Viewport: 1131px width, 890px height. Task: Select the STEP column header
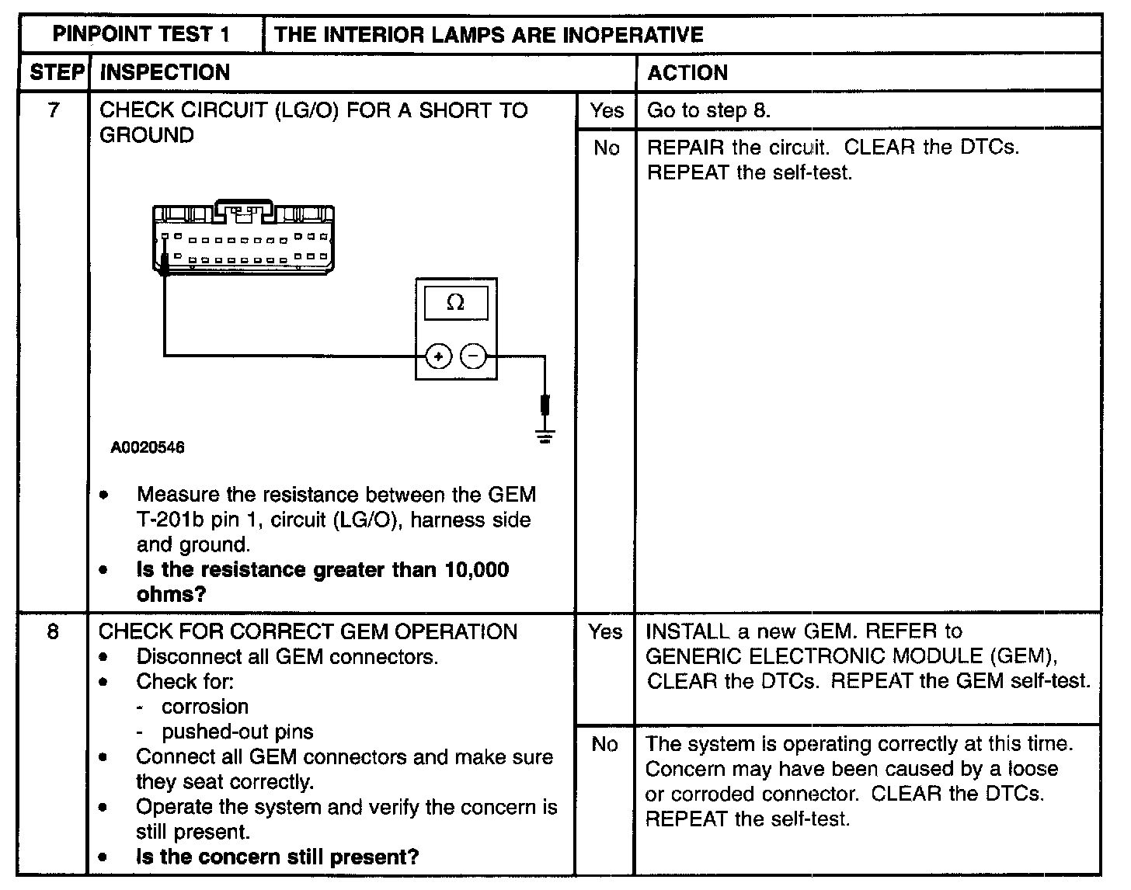pyautogui.click(x=55, y=72)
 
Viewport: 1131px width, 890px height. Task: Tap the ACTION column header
pyautogui.click(x=687, y=73)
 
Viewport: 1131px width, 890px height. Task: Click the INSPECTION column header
pyautogui.click(x=165, y=73)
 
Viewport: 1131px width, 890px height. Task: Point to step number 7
pyautogui.click(x=53, y=110)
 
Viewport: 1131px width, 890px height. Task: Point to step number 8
pyautogui.click(x=53, y=631)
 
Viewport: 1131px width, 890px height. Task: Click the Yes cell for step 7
pyautogui.click(x=606, y=111)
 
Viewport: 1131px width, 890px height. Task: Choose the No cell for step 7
pyautogui.click(x=606, y=148)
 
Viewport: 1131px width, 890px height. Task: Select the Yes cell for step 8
pyautogui.click(x=605, y=631)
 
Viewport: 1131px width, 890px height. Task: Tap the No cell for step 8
pyautogui.click(x=604, y=744)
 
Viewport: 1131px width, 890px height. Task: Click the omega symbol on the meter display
pyautogui.click(x=456, y=303)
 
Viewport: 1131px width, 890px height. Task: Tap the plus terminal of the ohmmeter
pyautogui.click(x=438, y=356)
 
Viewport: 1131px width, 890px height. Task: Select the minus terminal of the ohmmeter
pyautogui.click(x=473, y=356)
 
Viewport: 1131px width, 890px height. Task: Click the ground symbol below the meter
pyautogui.click(x=545, y=436)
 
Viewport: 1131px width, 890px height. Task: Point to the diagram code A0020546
pyautogui.click(x=148, y=448)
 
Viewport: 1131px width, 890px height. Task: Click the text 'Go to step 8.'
pyautogui.click(x=708, y=110)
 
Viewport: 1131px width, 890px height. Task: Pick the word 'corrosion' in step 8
pyautogui.click(x=205, y=707)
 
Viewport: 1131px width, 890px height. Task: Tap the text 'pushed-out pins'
pyautogui.click(x=237, y=732)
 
